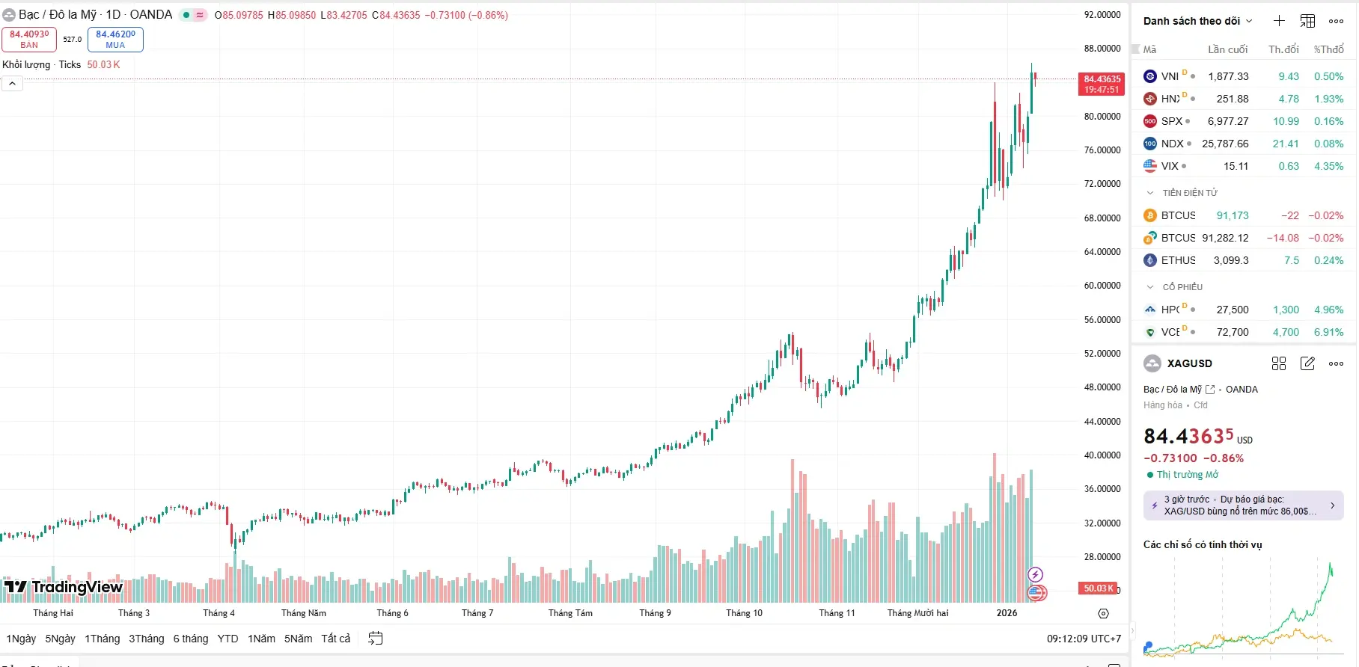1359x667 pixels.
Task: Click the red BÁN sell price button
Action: tap(29, 40)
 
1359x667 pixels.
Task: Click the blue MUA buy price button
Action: tap(115, 40)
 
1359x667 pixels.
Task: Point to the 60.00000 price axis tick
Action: tap(1102, 286)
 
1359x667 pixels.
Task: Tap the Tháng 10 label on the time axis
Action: tap(744, 613)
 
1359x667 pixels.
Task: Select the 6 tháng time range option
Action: tap(191, 639)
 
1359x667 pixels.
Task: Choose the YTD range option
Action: tap(227, 639)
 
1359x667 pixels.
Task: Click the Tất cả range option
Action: tap(336, 639)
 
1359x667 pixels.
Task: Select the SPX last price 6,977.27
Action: tap(1227, 121)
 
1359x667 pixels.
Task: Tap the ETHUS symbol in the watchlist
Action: tap(1178, 260)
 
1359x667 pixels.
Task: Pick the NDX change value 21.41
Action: tap(1286, 144)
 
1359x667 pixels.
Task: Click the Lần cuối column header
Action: tap(1227, 49)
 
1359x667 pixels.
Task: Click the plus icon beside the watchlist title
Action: tap(1279, 21)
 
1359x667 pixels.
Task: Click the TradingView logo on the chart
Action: tap(64, 587)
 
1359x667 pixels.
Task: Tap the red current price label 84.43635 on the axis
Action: tap(1102, 84)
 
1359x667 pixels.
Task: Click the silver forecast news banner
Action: tap(1243, 505)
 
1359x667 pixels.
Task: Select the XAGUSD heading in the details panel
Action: tap(1189, 363)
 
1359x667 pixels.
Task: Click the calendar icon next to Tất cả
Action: tap(376, 639)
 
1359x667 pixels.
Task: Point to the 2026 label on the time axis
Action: tap(1007, 613)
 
